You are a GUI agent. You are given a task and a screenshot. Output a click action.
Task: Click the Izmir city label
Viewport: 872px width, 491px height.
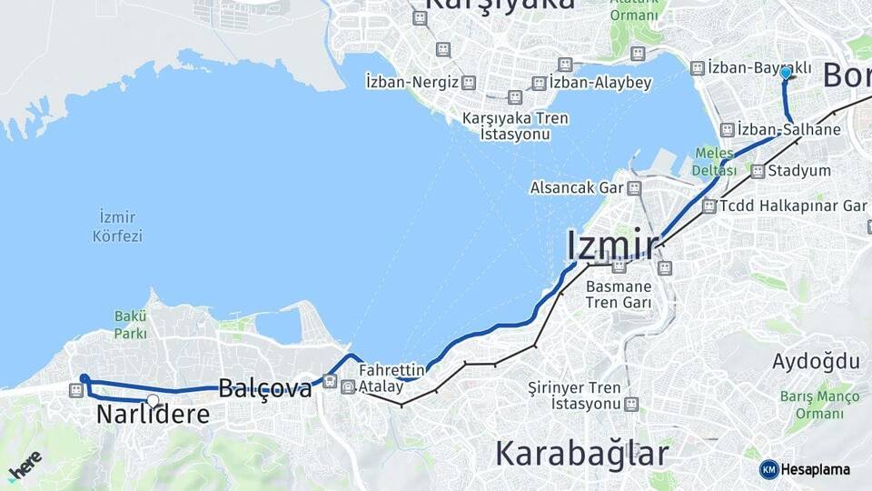coord(612,245)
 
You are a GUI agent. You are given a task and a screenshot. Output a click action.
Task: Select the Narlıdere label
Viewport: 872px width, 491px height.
coord(153,415)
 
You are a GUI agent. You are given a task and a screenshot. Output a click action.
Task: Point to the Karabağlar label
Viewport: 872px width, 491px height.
coord(582,452)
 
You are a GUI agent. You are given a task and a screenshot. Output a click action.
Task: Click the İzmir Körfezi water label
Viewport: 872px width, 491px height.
coord(118,226)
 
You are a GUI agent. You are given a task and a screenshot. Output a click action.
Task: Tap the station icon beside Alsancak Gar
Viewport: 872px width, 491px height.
coord(634,188)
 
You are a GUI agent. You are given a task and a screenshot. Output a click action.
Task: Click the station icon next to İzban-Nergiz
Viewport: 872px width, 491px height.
coord(468,83)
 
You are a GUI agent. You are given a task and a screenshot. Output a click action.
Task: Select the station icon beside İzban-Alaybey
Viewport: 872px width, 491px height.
coord(539,83)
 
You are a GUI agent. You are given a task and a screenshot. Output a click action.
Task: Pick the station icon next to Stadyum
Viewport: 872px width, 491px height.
coord(758,171)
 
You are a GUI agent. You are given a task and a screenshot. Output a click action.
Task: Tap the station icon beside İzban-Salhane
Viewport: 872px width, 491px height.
coord(727,130)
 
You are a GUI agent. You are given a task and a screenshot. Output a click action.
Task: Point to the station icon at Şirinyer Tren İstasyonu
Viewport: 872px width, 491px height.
coord(631,404)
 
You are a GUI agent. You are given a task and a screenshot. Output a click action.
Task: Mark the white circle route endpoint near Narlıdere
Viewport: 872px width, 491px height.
coord(153,400)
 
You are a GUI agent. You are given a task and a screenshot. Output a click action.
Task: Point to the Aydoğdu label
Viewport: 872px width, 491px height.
coord(816,361)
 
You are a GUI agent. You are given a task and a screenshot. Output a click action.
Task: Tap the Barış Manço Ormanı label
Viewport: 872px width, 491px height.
coord(818,406)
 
